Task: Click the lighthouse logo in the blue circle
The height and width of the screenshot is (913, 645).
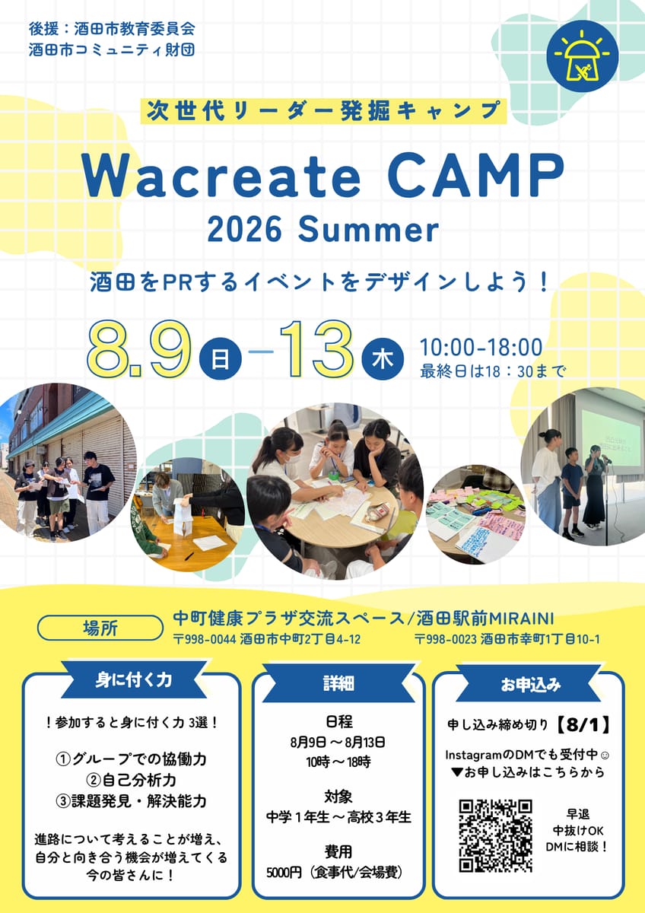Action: (583, 56)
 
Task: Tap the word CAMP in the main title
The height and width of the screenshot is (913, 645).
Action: (475, 176)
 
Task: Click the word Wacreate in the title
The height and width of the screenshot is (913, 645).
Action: (221, 176)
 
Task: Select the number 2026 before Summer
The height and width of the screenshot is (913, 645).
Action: (244, 231)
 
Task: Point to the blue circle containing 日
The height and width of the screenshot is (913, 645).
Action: (220, 359)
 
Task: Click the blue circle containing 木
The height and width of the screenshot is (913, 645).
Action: (383, 359)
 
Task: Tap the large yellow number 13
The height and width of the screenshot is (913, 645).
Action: (316, 350)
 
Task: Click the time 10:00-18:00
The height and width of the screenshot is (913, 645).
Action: (481, 347)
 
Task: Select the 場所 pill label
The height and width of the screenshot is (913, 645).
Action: (100, 628)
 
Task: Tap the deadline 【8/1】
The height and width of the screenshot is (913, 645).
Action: (583, 726)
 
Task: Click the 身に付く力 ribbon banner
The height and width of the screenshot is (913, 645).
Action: (134, 680)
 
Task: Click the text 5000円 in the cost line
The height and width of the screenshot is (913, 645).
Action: (284, 873)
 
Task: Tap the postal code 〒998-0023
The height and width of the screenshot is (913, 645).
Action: (446, 639)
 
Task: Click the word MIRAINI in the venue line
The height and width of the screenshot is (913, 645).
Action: (522, 619)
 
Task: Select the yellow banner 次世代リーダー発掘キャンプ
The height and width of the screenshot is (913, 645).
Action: (323, 110)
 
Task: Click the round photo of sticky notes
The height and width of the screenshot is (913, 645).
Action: (475, 515)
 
